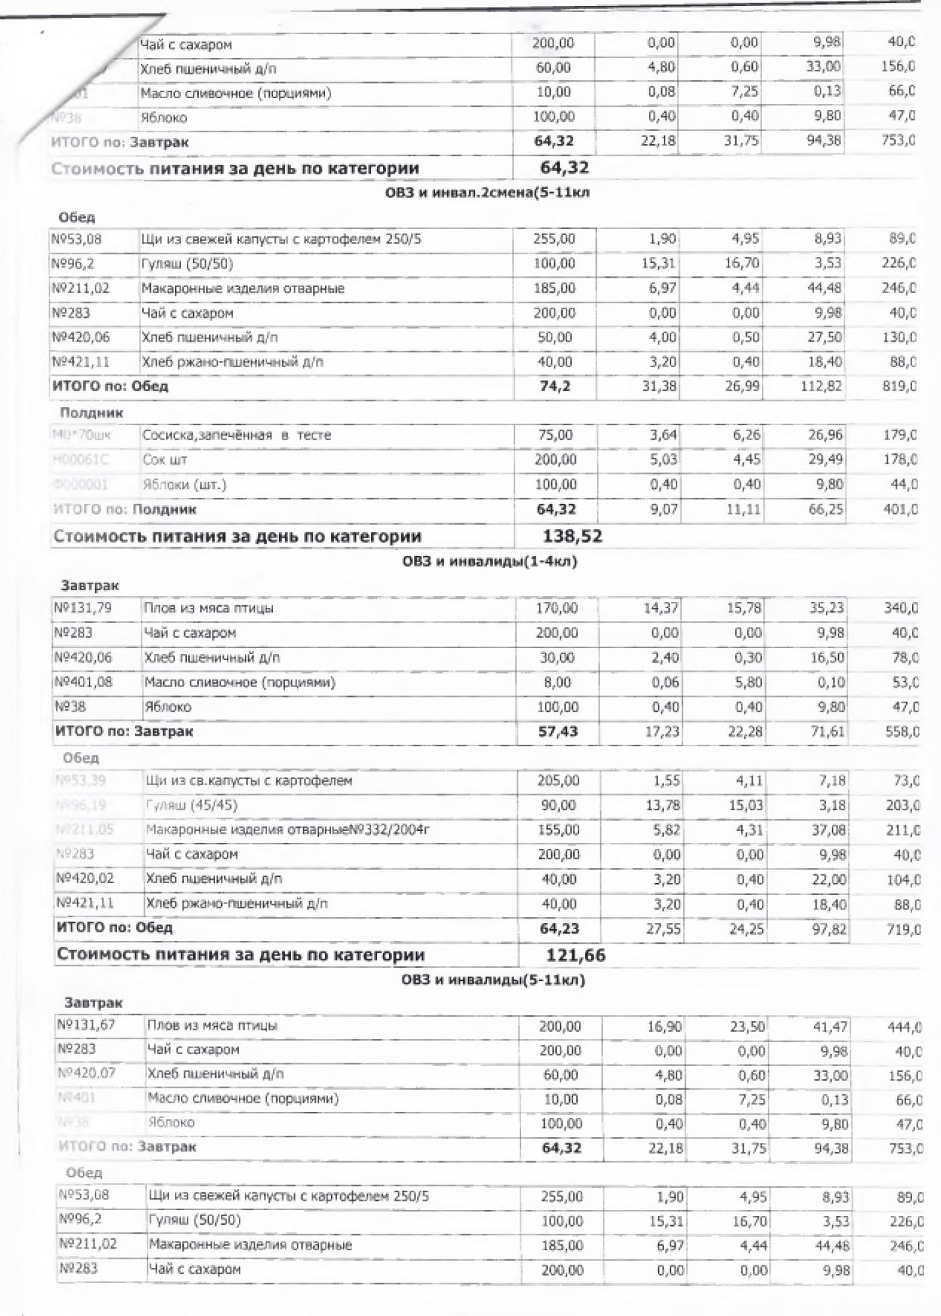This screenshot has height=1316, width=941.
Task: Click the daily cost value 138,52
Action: point(572,536)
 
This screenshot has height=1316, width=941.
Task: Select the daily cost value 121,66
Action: point(576,955)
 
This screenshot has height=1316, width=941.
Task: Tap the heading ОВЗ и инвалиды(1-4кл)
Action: point(490,561)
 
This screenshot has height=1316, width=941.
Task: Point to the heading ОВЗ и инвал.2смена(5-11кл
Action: point(487,193)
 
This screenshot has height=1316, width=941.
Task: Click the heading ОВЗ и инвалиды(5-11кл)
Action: point(493,980)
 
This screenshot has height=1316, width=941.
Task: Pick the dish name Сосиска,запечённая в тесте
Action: point(236,435)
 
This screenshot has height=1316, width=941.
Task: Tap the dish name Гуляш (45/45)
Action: point(191,805)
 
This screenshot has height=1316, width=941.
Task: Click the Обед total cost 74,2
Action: point(555,386)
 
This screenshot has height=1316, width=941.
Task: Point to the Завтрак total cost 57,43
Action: point(558,731)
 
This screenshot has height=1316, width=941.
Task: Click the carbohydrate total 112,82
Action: point(821,386)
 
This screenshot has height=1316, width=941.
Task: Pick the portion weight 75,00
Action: point(555,435)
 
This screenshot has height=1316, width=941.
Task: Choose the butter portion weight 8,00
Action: point(557,682)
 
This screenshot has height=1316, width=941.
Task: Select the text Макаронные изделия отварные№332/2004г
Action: point(287,830)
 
